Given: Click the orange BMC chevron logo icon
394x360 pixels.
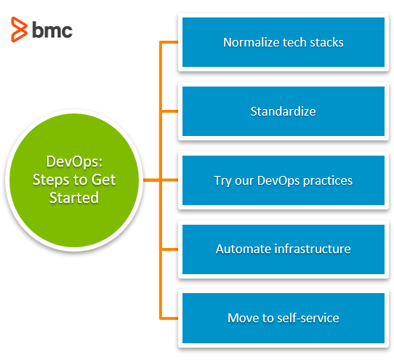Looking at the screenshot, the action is (19, 29).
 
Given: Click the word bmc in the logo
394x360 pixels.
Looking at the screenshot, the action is (52, 30).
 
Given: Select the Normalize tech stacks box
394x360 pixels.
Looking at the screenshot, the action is (284, 42).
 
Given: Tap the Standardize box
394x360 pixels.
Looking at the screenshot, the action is (284, 111).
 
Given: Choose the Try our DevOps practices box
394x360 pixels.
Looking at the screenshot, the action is (284, 180).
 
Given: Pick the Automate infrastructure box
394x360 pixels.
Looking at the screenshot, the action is (284, 249).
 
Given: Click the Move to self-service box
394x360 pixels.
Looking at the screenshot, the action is (284, 318).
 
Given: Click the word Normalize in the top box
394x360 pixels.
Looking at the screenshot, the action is (252, 42).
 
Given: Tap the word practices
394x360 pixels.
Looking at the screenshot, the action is (328, 181).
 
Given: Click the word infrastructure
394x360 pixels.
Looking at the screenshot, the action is (313, 249).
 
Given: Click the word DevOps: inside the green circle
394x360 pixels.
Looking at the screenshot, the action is (74, 161).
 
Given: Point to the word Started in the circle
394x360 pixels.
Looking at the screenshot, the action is (74, 198).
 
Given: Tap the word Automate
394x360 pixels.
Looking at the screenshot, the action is (244, 249).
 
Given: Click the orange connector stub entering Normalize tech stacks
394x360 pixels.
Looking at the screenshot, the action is (169, 42).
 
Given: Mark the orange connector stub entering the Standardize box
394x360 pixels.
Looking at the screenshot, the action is (170, 111).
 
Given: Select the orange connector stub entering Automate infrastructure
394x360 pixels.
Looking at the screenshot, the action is (170, 249).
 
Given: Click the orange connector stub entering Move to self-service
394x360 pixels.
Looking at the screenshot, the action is (169, 319).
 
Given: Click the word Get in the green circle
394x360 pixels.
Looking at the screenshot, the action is (103, 180).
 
